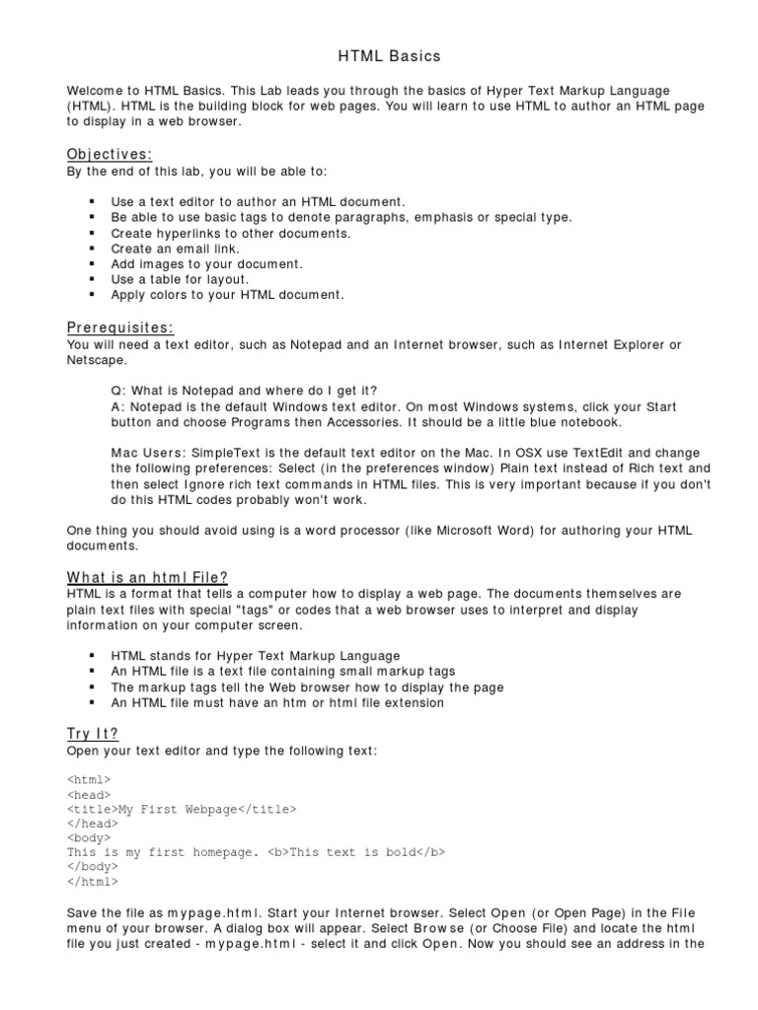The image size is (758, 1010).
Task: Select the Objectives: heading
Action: click(x=110, y=154)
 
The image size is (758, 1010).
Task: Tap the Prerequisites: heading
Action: click(x=120, y=327)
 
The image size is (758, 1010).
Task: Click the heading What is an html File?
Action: click(x=148, y=577)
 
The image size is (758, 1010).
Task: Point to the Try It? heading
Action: click(x=93, y=735)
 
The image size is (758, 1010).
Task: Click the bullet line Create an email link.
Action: click(x=176, y=249)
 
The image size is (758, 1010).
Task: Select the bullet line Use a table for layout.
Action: click(x=180, y=279)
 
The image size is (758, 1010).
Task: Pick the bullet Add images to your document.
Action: click(x=207, y=264)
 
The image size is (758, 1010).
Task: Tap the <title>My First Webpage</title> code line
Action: click(x=182, y=809)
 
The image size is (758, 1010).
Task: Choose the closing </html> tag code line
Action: click(x=90, y=882)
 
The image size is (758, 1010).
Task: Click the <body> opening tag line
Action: click(x=90, y=837)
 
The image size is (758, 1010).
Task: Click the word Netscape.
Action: click(x=97, y=360)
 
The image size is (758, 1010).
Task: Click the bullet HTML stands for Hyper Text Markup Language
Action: click(x=256, y=656)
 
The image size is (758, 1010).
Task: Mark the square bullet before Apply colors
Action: click(x=91, y=295)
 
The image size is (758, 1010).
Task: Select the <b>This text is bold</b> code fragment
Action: click(x=356, y=852)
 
